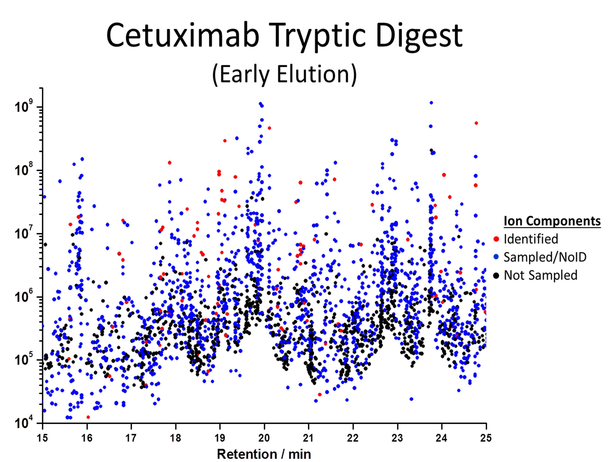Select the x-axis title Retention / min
pos(264,454)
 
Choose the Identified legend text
pos(531,239)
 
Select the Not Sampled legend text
pos(540,275)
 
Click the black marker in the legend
pos(496,275)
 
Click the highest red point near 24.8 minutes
pos(476,123)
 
